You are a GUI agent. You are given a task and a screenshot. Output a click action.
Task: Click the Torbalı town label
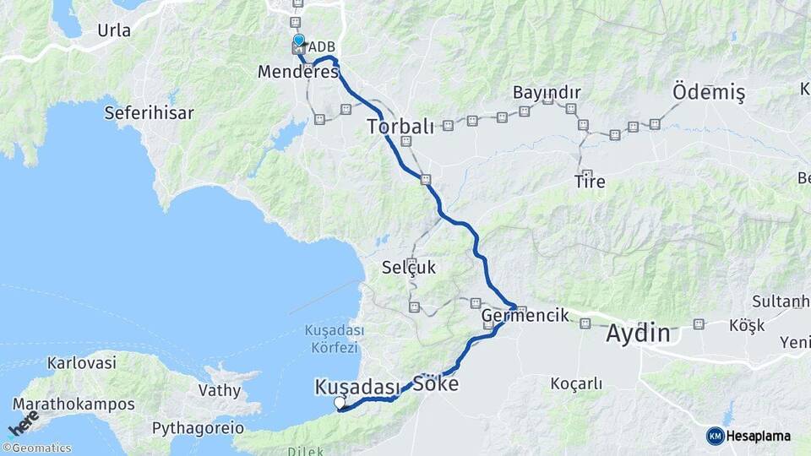click(x=400, y=127)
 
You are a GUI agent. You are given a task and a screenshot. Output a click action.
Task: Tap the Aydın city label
click(x=638, y=333)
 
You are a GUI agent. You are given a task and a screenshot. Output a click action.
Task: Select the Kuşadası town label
click(x=357, y=386)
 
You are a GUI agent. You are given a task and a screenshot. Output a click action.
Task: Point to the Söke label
click(x=436, y=384)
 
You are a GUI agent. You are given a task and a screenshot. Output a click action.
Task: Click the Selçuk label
click(x=409, y=268)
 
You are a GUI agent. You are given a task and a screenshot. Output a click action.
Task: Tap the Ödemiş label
click(x=709, y=92)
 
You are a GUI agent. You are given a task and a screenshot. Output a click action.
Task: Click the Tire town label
click(x=590, y=181)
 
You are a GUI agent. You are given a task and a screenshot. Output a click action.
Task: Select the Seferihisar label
click(x=150, y=112)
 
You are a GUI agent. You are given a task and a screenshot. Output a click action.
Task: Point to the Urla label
click(x=114, y=30)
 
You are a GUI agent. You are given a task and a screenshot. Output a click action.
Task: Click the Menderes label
click(x=298, y=73)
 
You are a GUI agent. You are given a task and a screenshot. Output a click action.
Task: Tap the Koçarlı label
click(x=576, y=383)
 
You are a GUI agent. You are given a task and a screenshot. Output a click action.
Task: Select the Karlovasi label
click(x=81, y=364)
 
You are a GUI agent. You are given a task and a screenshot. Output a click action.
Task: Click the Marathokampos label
click(x=73, y=404)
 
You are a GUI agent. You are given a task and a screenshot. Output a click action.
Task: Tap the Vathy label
click(x=220, y=390)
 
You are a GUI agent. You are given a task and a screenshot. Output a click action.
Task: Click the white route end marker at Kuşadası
click(x=340, y=403)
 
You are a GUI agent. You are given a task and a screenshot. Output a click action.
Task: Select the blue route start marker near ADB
click(x=298, y=40)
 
